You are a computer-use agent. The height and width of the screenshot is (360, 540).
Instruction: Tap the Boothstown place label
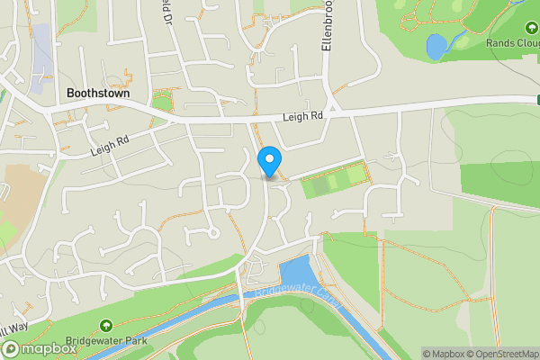click(97, 93)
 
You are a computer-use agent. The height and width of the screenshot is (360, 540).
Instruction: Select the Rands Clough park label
click(512, 42)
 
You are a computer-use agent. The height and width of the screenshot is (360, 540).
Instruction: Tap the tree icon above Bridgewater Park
click(106, 325)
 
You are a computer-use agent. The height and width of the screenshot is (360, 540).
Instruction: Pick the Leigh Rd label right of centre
click(302, 116)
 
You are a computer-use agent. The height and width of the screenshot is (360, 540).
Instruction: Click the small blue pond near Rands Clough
click(436, 46)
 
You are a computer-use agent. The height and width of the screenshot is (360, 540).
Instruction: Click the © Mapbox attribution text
click(444, 354)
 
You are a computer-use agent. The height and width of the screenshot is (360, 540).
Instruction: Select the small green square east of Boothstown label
click(163, 99)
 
